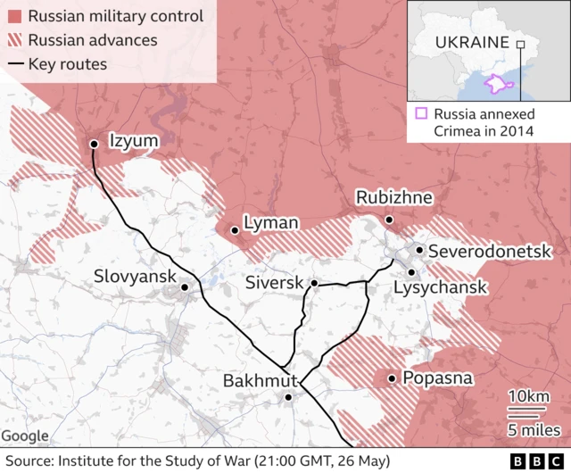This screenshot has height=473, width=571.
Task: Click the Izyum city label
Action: (134, 141)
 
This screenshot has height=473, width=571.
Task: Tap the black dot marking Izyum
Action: (94, 144)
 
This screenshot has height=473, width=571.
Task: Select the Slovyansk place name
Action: (135, 278)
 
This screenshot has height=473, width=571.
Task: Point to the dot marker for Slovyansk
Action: (185, 287)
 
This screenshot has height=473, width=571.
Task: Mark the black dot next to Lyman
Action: (235, 230)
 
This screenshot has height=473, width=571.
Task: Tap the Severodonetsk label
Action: (490, 252)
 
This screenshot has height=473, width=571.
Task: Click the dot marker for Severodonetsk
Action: (419, 251)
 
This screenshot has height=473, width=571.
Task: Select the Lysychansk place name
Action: (440, 287)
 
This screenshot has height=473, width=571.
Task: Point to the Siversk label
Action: (273, 284)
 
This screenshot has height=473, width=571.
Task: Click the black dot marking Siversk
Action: (314, 283)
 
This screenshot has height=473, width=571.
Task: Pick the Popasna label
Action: (437, 378)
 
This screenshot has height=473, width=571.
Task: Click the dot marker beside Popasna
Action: (392, 379)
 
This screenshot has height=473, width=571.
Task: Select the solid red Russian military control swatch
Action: (13, 16)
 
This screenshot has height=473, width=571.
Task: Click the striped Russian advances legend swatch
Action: (13, 40)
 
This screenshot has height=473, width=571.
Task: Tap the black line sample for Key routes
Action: (13, 64)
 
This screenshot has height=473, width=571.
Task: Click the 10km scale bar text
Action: (527, 397)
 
